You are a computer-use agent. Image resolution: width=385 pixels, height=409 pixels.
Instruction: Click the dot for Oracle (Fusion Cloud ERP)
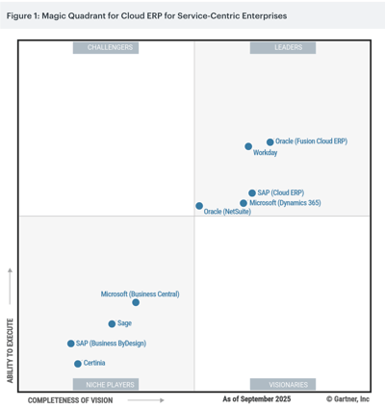click(x=270, y=141)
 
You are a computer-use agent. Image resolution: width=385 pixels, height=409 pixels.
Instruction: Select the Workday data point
click(x=248, y=147)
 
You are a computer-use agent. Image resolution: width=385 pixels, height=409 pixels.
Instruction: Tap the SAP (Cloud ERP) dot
click(x=252, y=192)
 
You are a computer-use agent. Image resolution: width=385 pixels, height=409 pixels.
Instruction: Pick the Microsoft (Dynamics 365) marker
click(x=244, y=203)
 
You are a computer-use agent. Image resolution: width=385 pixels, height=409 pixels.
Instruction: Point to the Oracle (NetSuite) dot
click(x=199, y=206)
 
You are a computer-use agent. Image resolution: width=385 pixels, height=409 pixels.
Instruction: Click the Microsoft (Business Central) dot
click(x=136, y=302)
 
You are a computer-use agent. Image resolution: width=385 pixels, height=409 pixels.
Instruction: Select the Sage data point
click(x=112, y=323)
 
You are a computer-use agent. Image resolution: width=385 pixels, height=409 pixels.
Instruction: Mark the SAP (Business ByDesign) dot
click(x=70, y=344)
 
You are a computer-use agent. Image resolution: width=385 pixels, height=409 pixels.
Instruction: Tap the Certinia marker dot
click(x=78, y=364)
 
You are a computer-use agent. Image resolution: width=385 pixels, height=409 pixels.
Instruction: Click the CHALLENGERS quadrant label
click(x=110, y=47)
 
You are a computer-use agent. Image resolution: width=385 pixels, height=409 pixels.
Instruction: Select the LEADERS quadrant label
click(x=288, y=47)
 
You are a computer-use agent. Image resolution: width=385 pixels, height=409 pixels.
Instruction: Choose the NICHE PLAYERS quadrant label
click(x=110, y=384)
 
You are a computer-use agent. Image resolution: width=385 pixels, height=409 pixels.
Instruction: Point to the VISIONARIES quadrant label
click(x=288, y=384)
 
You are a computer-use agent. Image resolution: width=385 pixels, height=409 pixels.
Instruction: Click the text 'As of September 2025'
click(x=256, y=398)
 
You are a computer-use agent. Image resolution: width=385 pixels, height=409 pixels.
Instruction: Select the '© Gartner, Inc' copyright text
click(x=347, y=398)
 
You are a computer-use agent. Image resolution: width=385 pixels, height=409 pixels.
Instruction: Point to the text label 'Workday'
click(x=265, y=153)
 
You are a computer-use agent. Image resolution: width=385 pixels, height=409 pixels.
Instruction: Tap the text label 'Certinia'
click(x=94, y=364)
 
